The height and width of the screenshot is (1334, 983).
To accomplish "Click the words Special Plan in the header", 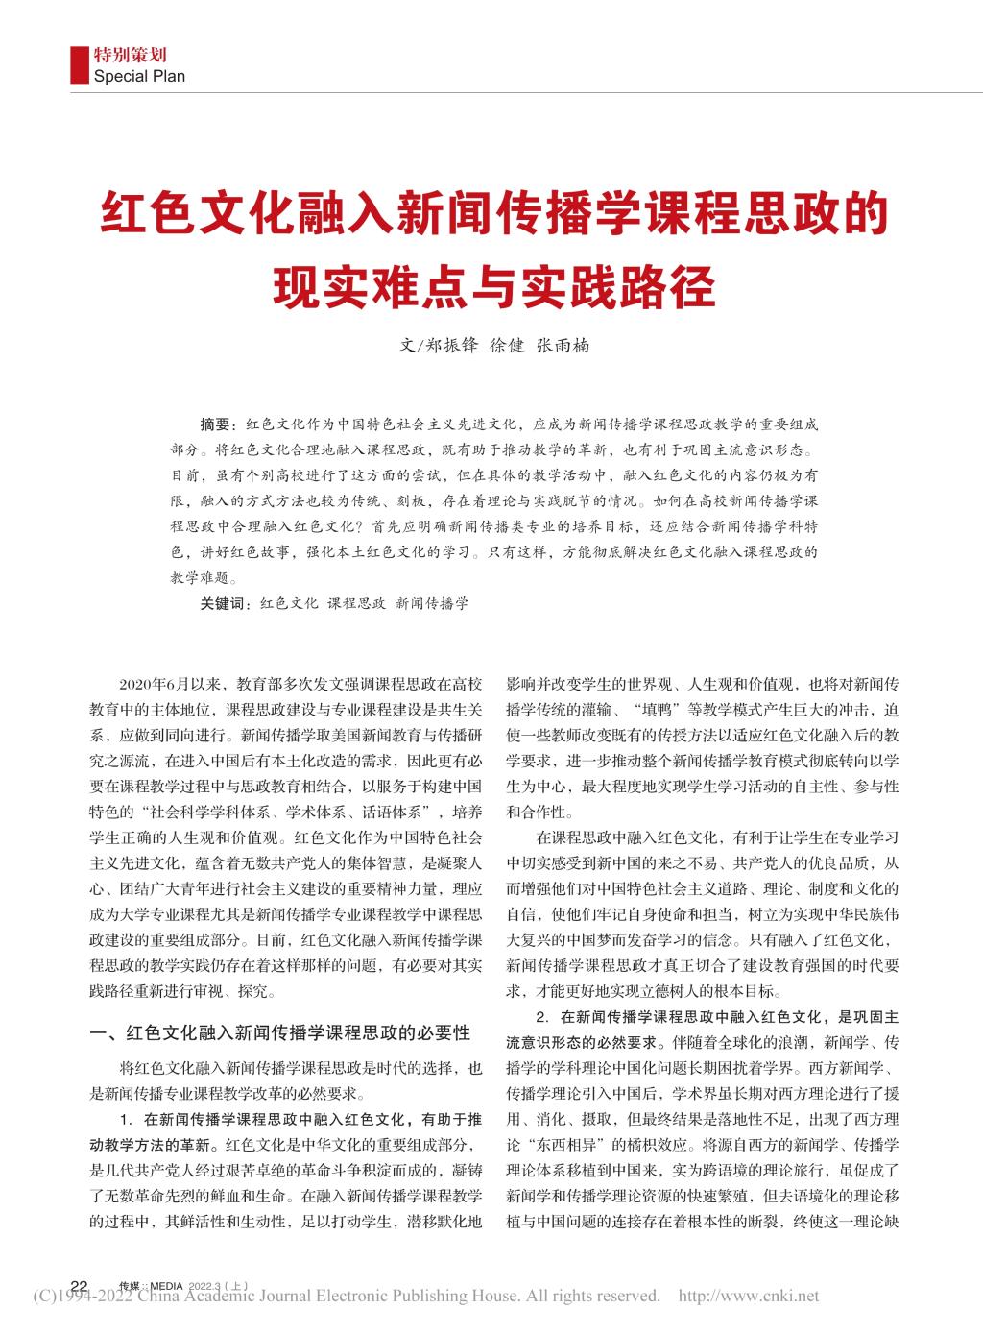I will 139,76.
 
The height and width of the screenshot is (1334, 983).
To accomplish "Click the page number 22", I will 81,1286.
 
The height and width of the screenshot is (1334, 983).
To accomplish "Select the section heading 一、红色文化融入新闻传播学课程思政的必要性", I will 278,1034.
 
